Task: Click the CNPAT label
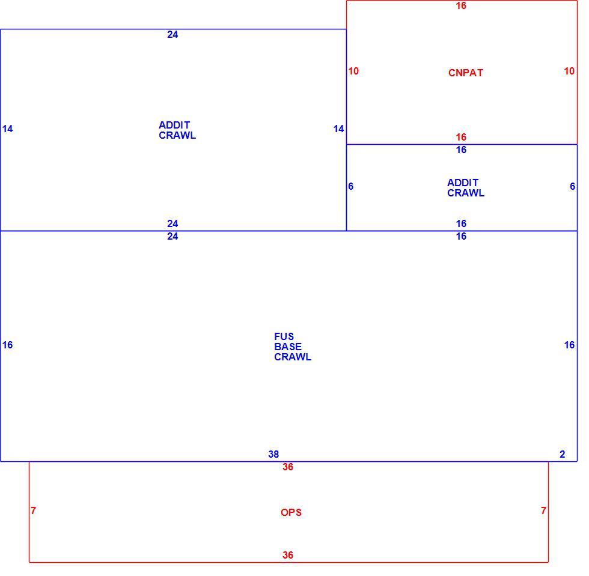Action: (x=465, y=73)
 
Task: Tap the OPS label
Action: (x=291, y=512)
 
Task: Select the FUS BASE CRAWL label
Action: (x=293, y=347)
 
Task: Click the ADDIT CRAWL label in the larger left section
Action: (x=177, y=130)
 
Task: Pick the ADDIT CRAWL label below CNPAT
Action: (x=466, y=188)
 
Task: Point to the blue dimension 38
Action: (x=273, y=454)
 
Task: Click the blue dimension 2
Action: (x=563, y=454)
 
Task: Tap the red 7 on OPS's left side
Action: (x=34, y=511)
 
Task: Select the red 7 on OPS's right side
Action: (x=543, y=511)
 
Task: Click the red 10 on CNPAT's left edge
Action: (x=353, y=71)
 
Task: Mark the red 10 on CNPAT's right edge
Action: (x=569, y=71)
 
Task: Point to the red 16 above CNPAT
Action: (x=461, y=5)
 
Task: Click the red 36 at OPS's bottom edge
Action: (x=288, y=555)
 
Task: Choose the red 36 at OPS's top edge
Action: (x=288, y=467)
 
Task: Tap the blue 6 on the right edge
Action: (x=572, y=186)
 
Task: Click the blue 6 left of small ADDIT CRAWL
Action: (x=350, y=186)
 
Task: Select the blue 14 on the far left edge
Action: (x=7, y=129)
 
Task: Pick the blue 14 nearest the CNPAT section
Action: (x=338, y=129)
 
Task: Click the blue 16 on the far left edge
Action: (x=7, y=345)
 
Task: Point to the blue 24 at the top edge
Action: (x=172, y=35)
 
